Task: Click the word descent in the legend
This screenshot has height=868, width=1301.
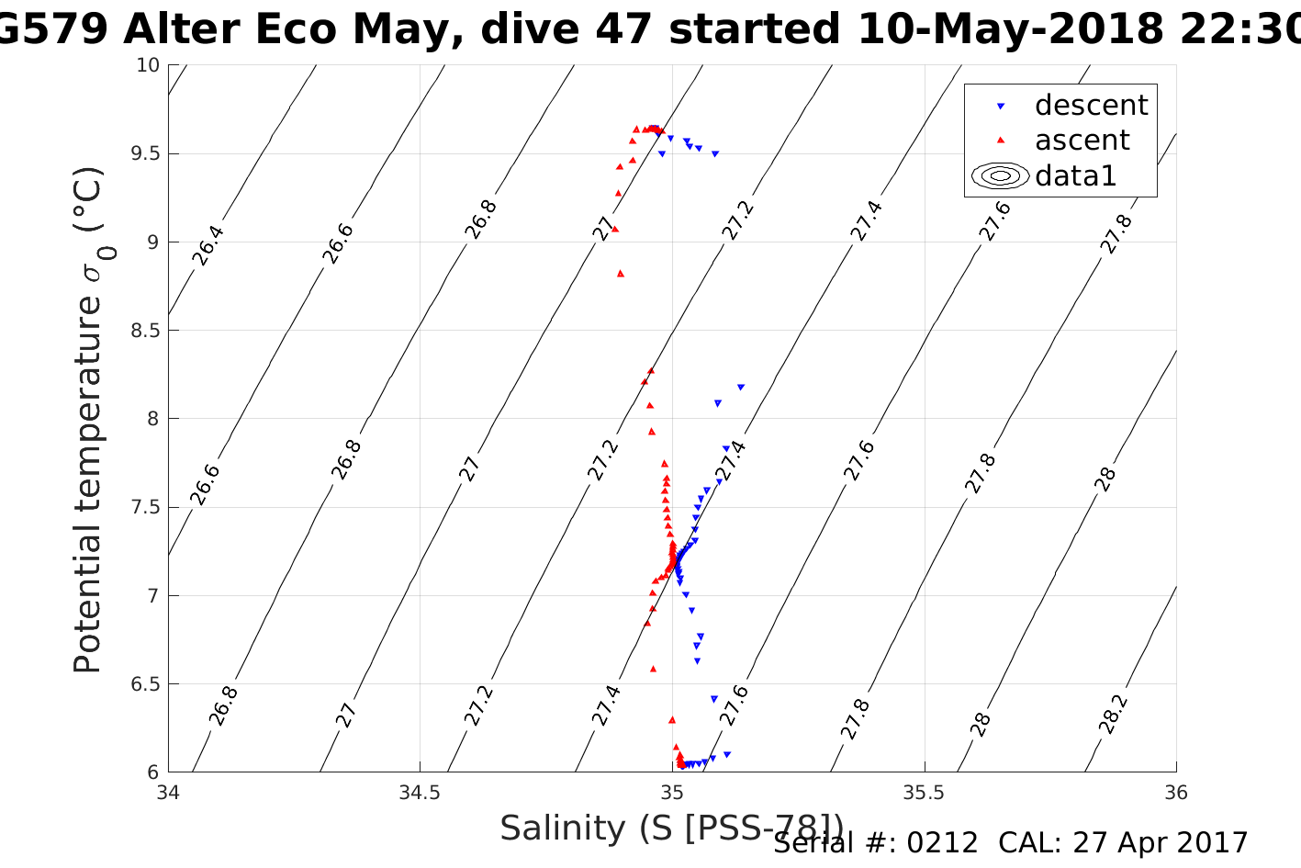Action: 1091,106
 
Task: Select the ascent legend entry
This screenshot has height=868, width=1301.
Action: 1082,141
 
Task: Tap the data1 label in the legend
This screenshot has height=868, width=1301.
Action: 1075,175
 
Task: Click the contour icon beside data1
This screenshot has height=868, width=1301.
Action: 1001,175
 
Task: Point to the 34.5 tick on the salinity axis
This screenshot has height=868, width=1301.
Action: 420,793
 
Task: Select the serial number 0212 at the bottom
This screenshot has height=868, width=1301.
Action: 942,843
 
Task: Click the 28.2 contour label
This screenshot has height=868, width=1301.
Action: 1113,714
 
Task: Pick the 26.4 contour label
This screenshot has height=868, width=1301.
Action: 207,245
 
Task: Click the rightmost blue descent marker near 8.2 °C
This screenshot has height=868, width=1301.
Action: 741,388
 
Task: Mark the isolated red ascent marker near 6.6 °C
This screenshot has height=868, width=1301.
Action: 653,669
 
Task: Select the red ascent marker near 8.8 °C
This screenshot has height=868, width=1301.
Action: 621,273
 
